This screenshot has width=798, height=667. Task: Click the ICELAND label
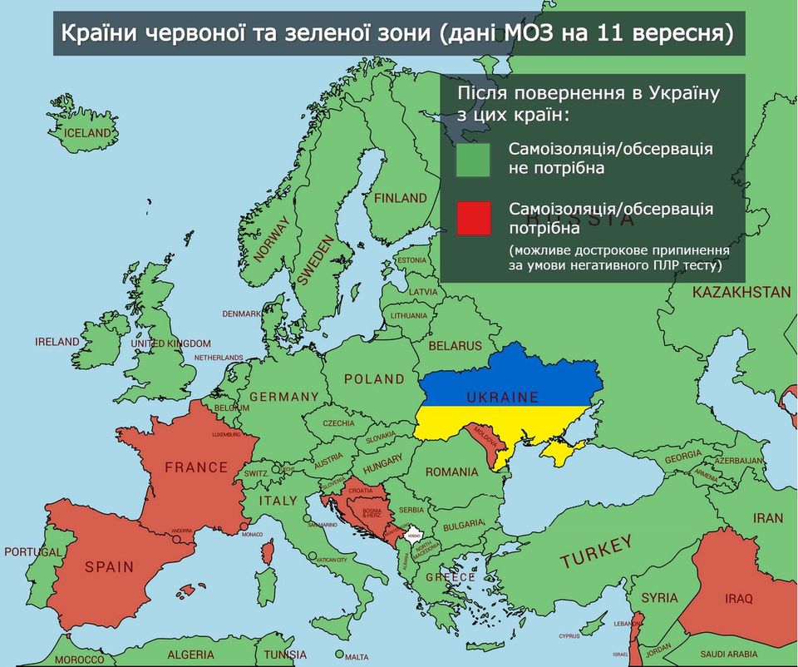(87, 133)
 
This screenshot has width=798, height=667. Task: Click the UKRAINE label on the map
(502, 398)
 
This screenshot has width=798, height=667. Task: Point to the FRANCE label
(196, 467)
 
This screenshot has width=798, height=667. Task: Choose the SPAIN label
(109, 567)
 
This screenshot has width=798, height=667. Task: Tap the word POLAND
(374, 379)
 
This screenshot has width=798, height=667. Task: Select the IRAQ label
(738, 599)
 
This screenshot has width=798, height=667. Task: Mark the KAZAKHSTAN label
(741, 293)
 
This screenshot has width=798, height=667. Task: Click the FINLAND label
(400, 199)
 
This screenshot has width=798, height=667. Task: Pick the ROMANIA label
(452, 472)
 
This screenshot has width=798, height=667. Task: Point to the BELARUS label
(455, 345)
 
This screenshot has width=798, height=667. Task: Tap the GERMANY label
(283, 397)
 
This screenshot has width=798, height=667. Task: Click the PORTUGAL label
(32, 552)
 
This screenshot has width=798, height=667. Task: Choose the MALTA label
(356, 657)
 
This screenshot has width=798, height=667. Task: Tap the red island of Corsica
(268, 550)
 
